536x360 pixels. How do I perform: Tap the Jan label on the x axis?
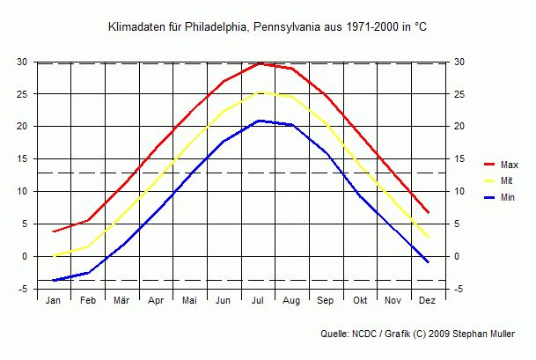click(54, 301)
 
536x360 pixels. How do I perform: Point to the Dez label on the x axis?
click(428, 301)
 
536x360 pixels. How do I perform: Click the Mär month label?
click(121, 301)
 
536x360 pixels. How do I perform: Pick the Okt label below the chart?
click(359, 301)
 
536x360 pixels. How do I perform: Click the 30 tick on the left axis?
click(21, 62)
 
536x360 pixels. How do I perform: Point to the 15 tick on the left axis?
click(21, 159)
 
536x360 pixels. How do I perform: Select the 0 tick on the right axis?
click(455, 257)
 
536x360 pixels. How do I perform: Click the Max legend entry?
click(509, 165)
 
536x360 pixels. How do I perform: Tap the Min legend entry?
click(507, 198)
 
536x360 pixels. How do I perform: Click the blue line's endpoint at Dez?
click(428, 262)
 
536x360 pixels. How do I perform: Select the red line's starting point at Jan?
click(54, 231)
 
